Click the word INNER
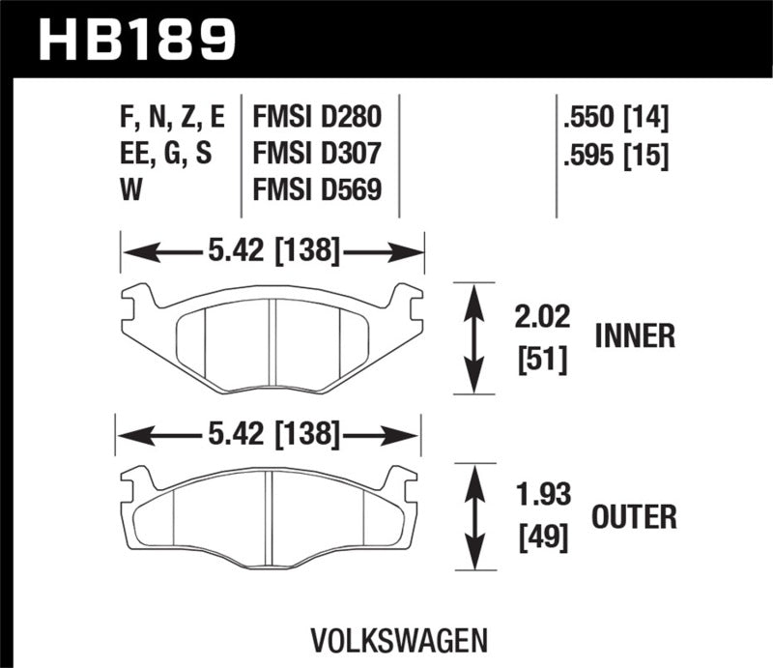(x=635, y=336)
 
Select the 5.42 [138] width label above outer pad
(x=270, y=437)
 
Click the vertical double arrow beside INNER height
(x=472, y=338)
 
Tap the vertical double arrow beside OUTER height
(x=472, y=517)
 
